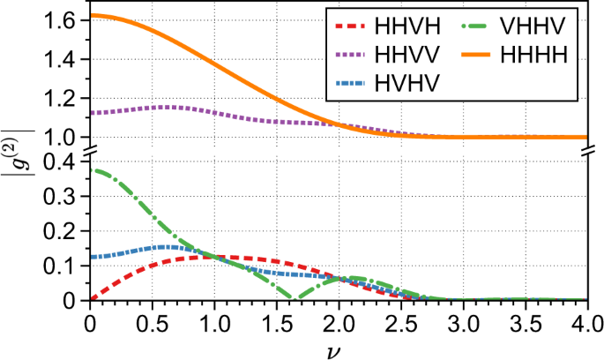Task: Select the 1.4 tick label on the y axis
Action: pyautogui.click(x=66, y=60)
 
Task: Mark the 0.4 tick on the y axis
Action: pyautogui.click(x=66, y=162)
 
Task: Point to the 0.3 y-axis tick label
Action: pyautogui.click(x=66, y=197)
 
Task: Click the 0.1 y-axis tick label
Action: pyautogui.click(x=66, y=266)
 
